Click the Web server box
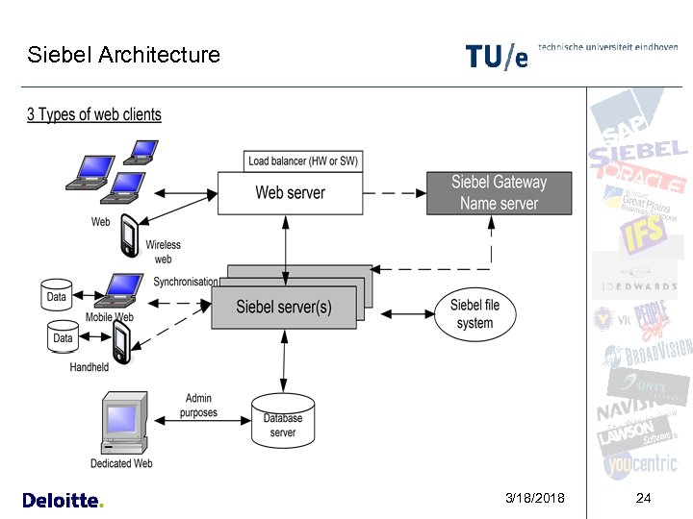click(289, 192)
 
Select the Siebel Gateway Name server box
click(500, 192)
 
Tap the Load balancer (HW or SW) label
click(303, 161)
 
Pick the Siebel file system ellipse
click(475, 313)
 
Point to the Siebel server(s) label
click(285, 308)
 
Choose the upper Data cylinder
click(57, 295)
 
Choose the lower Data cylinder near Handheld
click(63, 336)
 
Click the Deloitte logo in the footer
click(62, 500)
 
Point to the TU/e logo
click(497, 57)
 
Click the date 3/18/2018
click(535, 498)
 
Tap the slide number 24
click(644, 498)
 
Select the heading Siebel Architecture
click(123, 55)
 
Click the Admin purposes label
click(198, 406)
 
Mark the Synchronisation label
click(186, 282)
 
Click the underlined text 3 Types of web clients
click(94, 115)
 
